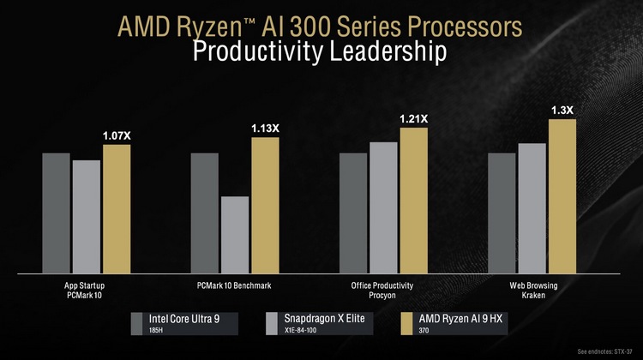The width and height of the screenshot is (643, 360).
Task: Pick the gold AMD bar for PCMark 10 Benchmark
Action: click(x=265, y=205)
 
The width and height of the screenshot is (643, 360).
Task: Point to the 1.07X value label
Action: click(x=117, y=136)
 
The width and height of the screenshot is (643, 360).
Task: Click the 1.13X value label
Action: click(x=265, y=129)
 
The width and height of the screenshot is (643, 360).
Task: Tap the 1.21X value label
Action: click(x=413, y=119)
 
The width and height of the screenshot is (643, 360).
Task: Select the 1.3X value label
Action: click(x=562, y=110)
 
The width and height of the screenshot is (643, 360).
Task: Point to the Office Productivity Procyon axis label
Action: click(x=382, y=290)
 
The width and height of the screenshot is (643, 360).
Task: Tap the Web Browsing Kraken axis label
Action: click(x=532, y=290)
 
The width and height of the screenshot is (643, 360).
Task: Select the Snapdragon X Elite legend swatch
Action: click(x=272, y=324)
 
